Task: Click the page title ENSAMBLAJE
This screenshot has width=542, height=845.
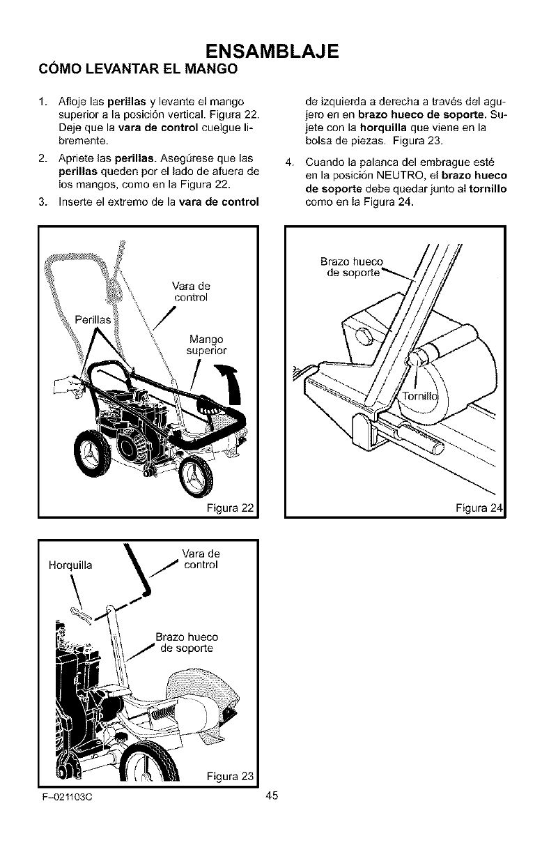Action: pyautogui.click(x=271, y=51)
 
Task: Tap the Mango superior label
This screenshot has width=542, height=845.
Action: pyautogui.click(x=208, y=344)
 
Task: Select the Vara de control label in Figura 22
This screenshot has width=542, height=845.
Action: pyautogui.click(x=190, y=291)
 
